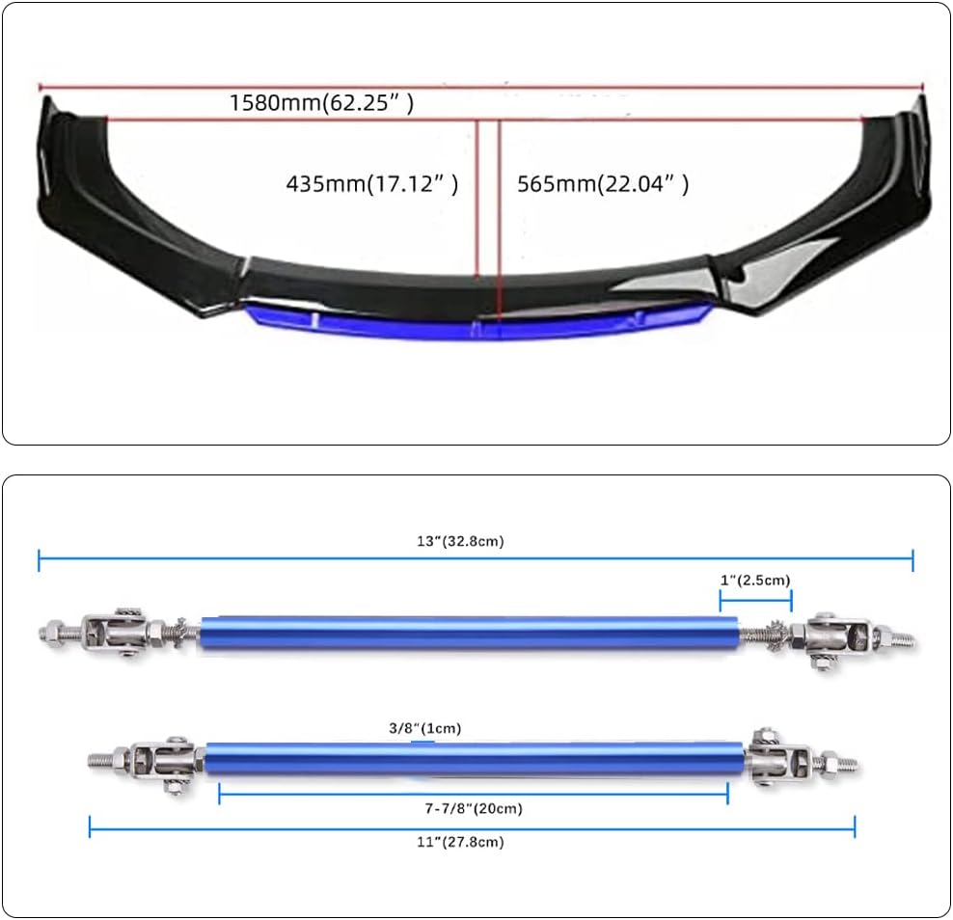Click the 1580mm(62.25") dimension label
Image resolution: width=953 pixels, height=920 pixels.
(x=321, y=102)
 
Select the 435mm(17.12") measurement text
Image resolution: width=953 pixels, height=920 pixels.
(x=371, y=183)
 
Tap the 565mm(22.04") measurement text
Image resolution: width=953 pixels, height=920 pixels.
(x=603, y=183)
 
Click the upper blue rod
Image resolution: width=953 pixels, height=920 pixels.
(x=470, y=636)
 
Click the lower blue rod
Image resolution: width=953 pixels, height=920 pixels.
(x=475, y=759)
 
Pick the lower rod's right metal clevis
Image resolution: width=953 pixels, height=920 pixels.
(x=779, y=758)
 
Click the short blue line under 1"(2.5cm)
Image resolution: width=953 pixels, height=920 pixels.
(x=755, y=598)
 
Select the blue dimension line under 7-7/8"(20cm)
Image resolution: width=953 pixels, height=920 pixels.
(x=473, y=793)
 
